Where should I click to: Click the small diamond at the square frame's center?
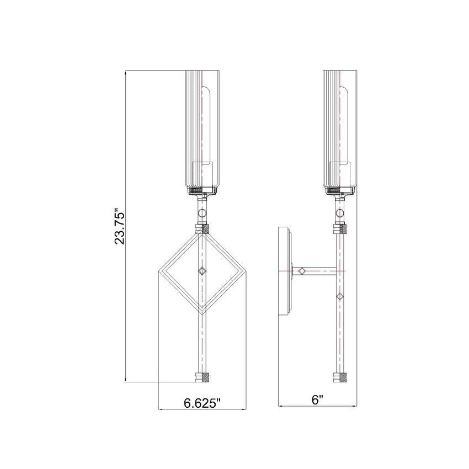[x=202, y=271]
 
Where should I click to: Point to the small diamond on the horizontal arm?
[x=302, y=271]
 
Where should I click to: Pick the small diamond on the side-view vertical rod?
[x=340, y=297]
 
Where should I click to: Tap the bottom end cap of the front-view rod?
[x=202, y=378]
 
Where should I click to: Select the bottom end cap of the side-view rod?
[x=340, y=378]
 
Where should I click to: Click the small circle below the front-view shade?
[x=202, y=213]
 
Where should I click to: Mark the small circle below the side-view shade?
[x=340, y=213]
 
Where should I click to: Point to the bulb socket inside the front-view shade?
[x=202, y=172]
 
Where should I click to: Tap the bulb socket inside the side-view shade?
[x=340, y=172]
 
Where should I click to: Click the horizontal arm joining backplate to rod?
[x=317, y=271]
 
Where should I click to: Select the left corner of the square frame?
[x=161, y=271]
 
